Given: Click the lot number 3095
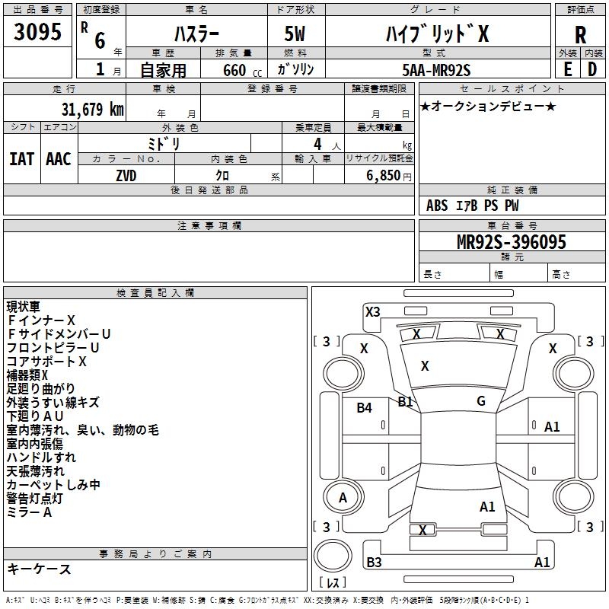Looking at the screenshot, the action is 37,31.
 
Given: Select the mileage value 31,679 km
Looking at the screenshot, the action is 92,110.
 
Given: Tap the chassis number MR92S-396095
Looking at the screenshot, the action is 512,242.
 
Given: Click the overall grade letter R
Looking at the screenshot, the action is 580,35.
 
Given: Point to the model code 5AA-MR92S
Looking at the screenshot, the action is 436,70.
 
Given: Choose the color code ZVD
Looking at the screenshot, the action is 126,176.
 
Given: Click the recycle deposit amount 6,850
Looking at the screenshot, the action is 383,176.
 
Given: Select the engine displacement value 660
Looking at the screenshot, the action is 234,70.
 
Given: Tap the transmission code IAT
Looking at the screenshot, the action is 22,159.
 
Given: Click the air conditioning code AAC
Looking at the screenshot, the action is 59,159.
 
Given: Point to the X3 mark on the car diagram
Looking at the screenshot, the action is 372,312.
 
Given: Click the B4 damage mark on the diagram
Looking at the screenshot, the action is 365,407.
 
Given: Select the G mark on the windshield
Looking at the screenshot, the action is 481,401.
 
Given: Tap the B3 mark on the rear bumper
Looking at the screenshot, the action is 374,562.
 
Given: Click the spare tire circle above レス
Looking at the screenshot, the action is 333,556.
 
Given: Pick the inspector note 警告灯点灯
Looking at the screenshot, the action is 34,499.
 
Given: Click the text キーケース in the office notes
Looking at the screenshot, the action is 40,569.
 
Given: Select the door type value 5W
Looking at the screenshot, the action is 295,33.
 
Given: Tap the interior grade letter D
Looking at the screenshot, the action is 592,69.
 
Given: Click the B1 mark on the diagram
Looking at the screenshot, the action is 405,401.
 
